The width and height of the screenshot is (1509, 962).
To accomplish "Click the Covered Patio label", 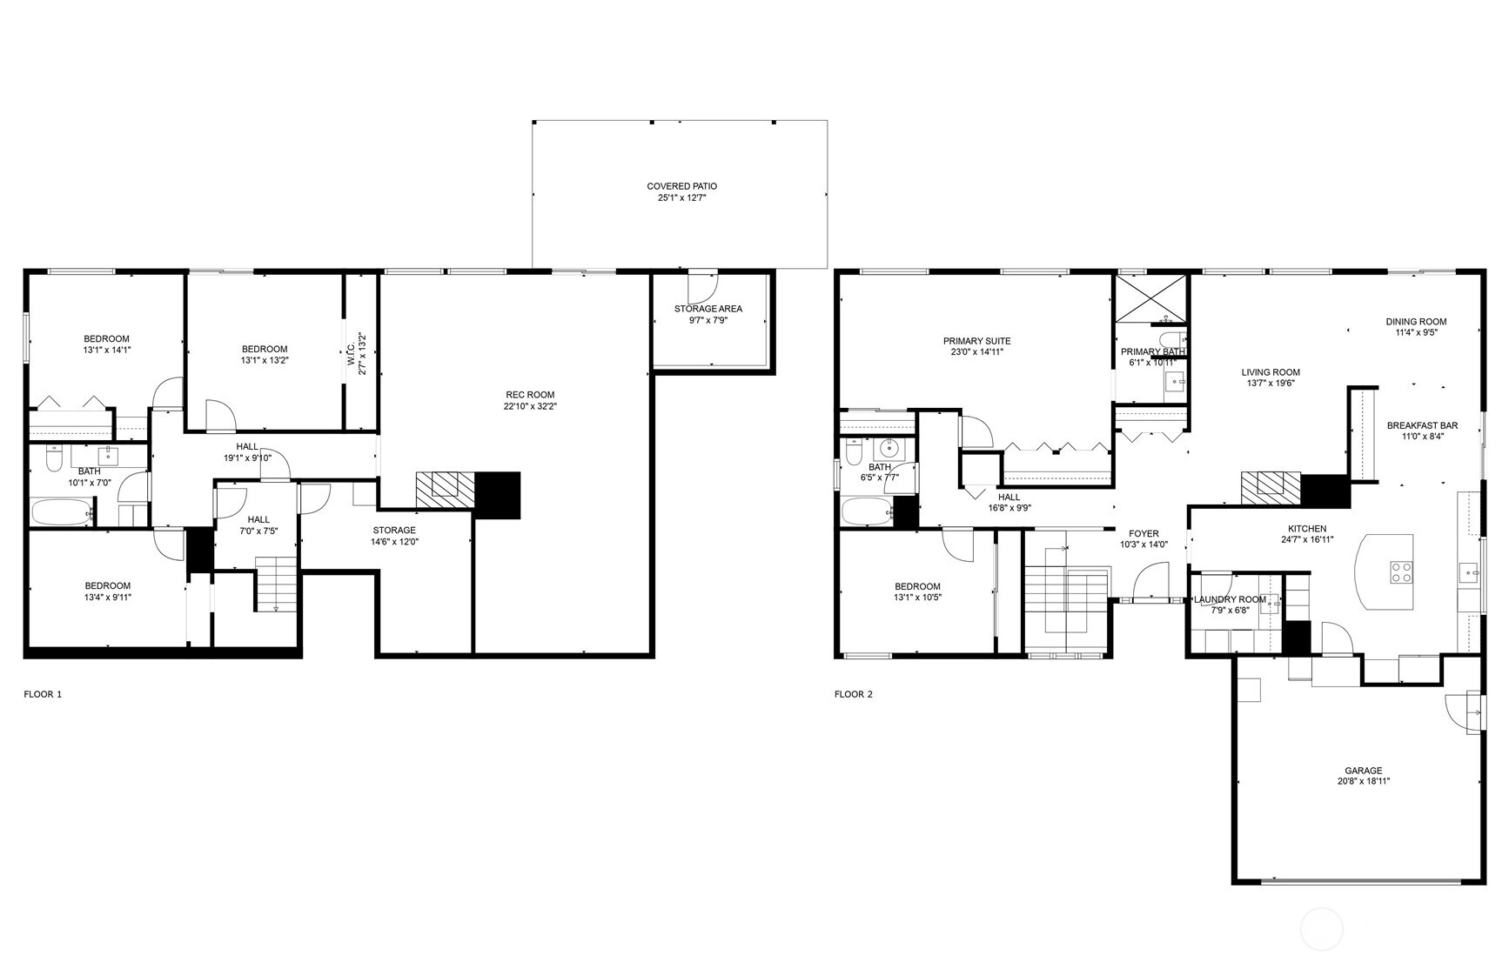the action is click(x=681, y=186).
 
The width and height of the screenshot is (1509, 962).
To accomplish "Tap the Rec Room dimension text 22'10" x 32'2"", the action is click(x=528, y=406).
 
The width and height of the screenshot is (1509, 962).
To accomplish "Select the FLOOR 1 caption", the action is click(x=43, y=694).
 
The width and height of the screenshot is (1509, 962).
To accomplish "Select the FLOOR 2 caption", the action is click(x=853, y=694).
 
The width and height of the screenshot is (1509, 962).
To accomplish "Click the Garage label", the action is click(x=1363, y=771).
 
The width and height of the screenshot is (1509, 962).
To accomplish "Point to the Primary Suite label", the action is click(x=976, y=341).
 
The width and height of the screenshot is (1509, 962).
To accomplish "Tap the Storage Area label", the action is click(x=708, y=309).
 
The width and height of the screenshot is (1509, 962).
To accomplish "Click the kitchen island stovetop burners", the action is click(x=1401, y=572).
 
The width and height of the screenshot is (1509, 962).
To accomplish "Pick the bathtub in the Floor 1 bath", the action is click(x=62, y=511).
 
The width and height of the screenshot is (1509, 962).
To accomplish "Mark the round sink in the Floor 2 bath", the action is click(x=889, y=449).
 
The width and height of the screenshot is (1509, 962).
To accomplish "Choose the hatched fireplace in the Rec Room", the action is click(x=446, y=489).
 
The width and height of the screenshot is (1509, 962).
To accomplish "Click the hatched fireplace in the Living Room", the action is click(x=1271, y=488).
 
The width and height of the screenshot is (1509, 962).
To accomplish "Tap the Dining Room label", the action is click(x=1416, y=322).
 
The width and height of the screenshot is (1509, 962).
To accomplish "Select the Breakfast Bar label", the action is click(x=1422, y=426).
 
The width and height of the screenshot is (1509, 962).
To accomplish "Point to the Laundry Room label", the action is click(x=1230, y=599).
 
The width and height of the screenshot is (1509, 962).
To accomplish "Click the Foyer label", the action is click(x=1143, y=534).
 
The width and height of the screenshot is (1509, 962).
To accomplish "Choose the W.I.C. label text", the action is click(x=351, y=356).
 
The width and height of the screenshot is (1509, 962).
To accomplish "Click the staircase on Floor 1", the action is click(x=277, y=584).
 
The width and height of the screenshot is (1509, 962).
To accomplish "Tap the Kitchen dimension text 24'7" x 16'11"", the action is click(x=1307, y=539).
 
